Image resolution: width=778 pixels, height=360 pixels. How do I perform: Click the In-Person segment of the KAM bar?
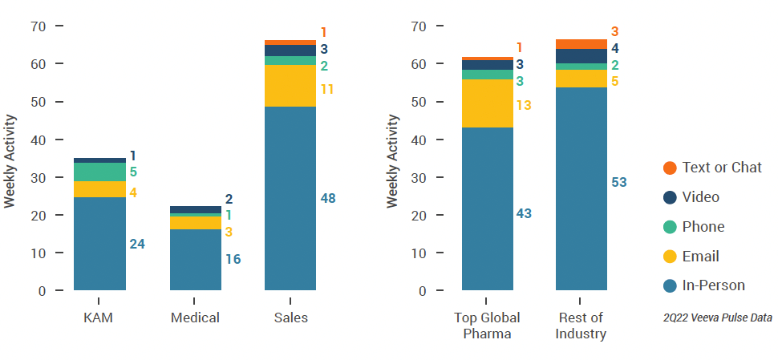[x=99, y=243]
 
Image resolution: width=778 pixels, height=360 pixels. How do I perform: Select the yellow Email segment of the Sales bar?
[x=290, y=86]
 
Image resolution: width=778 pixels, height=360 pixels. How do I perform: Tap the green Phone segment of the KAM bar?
[x=99, y=172]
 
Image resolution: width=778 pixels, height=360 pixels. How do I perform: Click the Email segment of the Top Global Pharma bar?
[x=487, y=103]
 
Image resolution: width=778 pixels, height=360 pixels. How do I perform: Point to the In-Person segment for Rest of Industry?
[x=581, y=188]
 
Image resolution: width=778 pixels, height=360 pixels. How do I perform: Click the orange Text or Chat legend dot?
[x=670, y=168]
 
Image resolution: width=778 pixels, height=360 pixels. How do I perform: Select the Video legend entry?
[x=700, y=197]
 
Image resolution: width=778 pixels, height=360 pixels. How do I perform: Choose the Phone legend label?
[x=703, y=227]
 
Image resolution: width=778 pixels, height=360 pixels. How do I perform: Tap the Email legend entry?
[x=700, y=257]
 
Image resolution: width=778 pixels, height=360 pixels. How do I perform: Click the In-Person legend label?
[x=713, y=285]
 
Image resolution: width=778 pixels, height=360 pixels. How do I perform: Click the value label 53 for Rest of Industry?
[x=618, y=183]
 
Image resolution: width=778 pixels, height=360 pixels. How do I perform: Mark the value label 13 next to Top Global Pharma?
[x=524, y=105]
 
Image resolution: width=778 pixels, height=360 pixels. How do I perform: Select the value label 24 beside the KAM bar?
[x=137, y=244]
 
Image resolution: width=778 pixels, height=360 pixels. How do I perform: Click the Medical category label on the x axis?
[x=195, y=318]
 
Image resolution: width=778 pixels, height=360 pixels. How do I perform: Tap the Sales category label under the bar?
[x=290, y=318]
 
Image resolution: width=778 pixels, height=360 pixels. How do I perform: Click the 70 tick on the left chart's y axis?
[x=38, y=26]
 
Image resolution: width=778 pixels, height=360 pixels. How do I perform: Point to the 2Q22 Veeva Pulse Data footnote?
[x=717, y=318]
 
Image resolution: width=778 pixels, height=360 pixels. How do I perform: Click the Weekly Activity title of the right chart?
[x=392, y=160]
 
